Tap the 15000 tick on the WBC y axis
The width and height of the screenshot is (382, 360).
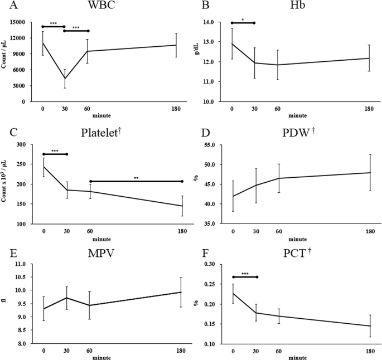tap(26, 22)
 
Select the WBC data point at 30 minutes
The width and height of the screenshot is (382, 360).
tap(65, 78)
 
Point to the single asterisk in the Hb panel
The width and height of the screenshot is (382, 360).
tap(242, 20)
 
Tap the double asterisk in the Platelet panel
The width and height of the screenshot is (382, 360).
tap(136, 178)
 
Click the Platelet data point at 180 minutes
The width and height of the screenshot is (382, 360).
tap(182, 206)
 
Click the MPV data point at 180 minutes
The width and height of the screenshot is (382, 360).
tap(182, 292)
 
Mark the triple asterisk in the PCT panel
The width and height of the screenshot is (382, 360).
tap(244, 274)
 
